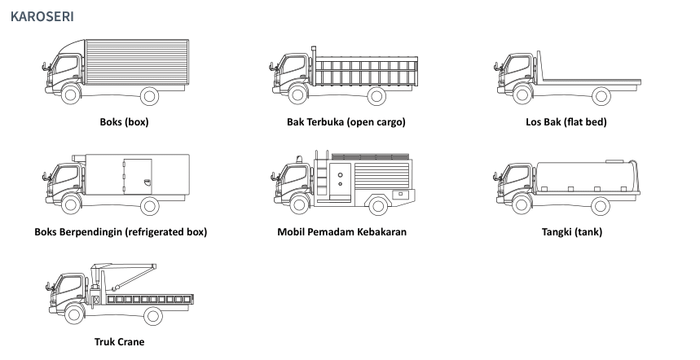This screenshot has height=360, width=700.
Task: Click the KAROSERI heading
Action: pyautogui.click(x=42, y=16)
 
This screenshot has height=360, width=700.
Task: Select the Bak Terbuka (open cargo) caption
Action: pyautogui.click(x=346, y=123)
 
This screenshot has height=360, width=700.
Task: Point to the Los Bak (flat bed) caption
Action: pyautogui.click(x=566, y=123)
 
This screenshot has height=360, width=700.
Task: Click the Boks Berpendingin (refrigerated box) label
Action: pyautogui.click(x=121, y=232)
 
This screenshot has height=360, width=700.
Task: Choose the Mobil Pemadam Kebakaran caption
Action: pyautogui.click(x=341, y=232)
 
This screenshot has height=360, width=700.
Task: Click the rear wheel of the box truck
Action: pyautogui.click(x=149, y=96)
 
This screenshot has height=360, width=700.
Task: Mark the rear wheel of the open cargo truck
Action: pyautogui.click(x=376, y=96)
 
